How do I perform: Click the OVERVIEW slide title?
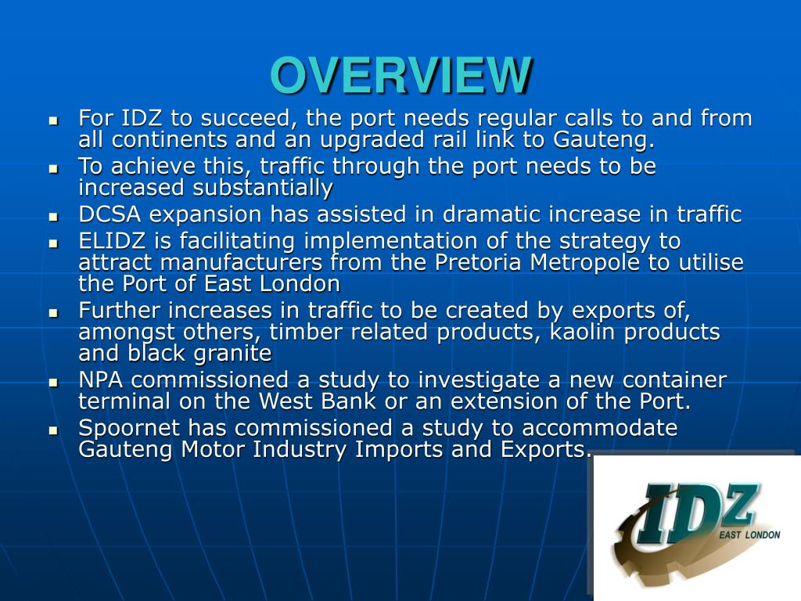pyautogui.click(x=400, y=75)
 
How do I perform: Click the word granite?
pyautogui.click(x=232, y=354)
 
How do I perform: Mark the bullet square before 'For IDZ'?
pyautogui.click(x=53, y=121)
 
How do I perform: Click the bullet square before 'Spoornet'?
pyautogui.click(x=53, y=430)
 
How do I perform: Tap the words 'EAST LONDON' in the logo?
pyautogui.click(x=750, y=534)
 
